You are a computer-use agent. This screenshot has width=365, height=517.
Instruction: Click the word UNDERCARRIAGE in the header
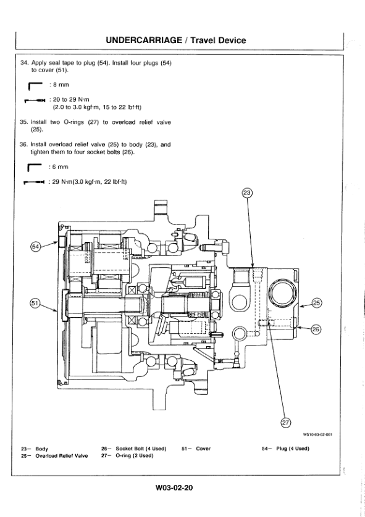point(144,40)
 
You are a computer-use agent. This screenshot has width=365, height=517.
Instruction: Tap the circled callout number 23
point(247,193)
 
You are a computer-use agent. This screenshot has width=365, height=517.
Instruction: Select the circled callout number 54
point(35,247)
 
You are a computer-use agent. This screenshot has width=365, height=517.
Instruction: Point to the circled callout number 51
point(35,304)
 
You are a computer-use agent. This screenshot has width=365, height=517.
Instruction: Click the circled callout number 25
point(317,303)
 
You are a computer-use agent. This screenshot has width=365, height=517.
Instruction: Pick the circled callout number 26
point(316,329)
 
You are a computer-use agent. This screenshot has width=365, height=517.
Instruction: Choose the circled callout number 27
point(285,423)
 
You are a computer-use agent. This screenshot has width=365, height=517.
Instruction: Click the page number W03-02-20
point(174,487)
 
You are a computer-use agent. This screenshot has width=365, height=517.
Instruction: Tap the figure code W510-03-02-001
point(317,434)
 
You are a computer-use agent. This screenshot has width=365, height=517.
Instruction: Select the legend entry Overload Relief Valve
point(62,456)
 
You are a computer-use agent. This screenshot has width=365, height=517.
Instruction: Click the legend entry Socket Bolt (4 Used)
point(141,449)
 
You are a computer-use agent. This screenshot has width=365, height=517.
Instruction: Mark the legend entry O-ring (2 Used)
point(135,456)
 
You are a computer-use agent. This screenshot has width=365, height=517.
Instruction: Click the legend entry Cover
point(203,449)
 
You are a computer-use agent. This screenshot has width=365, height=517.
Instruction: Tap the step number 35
point(23,122)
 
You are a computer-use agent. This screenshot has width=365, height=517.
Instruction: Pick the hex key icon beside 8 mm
point(35,85)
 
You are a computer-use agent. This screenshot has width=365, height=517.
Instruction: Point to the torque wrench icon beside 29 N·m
point(34,182)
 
